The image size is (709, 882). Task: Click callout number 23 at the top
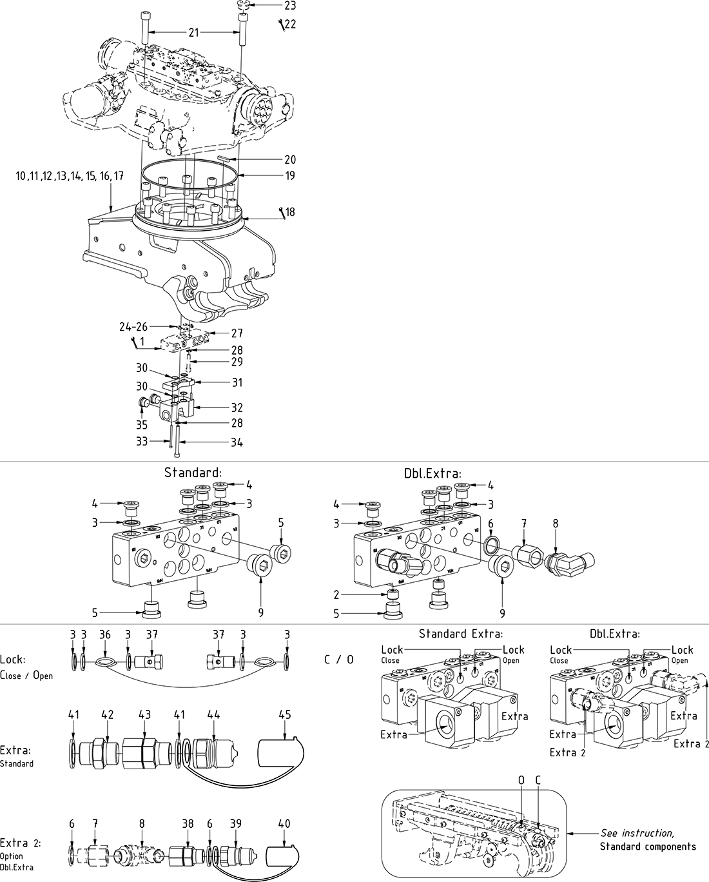coord(290,6)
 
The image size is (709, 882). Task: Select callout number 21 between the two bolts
coord(194,32)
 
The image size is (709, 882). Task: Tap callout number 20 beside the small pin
coord(290,160)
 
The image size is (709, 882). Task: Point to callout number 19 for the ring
coord(290,175)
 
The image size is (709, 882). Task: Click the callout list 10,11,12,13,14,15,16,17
coord(70,175)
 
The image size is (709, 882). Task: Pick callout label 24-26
coord(133,327)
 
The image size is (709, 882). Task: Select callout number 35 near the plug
coord(142,424)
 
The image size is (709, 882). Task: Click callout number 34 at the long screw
coord(237,442)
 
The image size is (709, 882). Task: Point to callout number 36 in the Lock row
coord(105,635)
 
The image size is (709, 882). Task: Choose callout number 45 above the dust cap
coord(285,714)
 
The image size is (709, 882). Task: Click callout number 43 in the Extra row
coord(145,714)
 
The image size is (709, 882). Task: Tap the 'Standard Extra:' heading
coord(460,634)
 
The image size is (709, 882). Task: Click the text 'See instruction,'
coord(637,833)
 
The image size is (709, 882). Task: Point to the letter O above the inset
coord(521,780)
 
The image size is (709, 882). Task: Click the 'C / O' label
coord(338,660)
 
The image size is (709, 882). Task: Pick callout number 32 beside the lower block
coord(237,407)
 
